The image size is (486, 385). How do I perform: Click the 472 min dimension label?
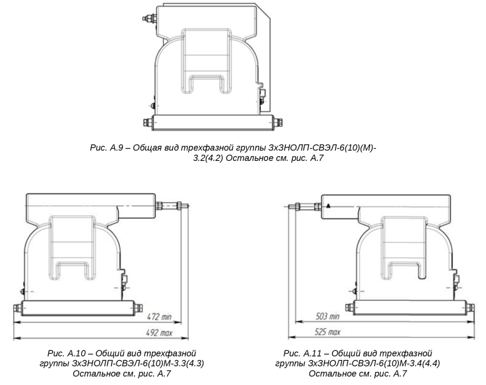(x=159, y=317)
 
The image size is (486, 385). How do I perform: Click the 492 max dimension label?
(x=159, y=333)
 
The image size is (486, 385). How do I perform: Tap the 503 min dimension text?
(x=327, y=316)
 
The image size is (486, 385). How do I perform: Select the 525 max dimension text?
(x=327, y=332)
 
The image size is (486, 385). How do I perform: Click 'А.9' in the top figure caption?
(x=117, y=148)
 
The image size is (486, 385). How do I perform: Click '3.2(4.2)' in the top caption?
(x=208, y=158)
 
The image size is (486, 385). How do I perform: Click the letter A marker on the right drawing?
(x=328, y=206)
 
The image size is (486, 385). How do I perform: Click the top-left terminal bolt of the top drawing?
(x=150, y=19)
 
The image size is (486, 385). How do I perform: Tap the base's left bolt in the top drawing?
(x=148, y=122)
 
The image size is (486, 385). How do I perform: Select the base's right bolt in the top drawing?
(x=278, y=122)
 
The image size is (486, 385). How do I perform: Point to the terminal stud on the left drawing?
(x=172, y=206)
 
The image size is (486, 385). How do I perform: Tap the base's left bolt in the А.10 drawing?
(x=18, y=308)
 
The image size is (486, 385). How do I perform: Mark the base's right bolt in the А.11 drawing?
(x=470, y=308)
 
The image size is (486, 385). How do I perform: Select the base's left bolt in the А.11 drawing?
(x=350, y=308)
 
